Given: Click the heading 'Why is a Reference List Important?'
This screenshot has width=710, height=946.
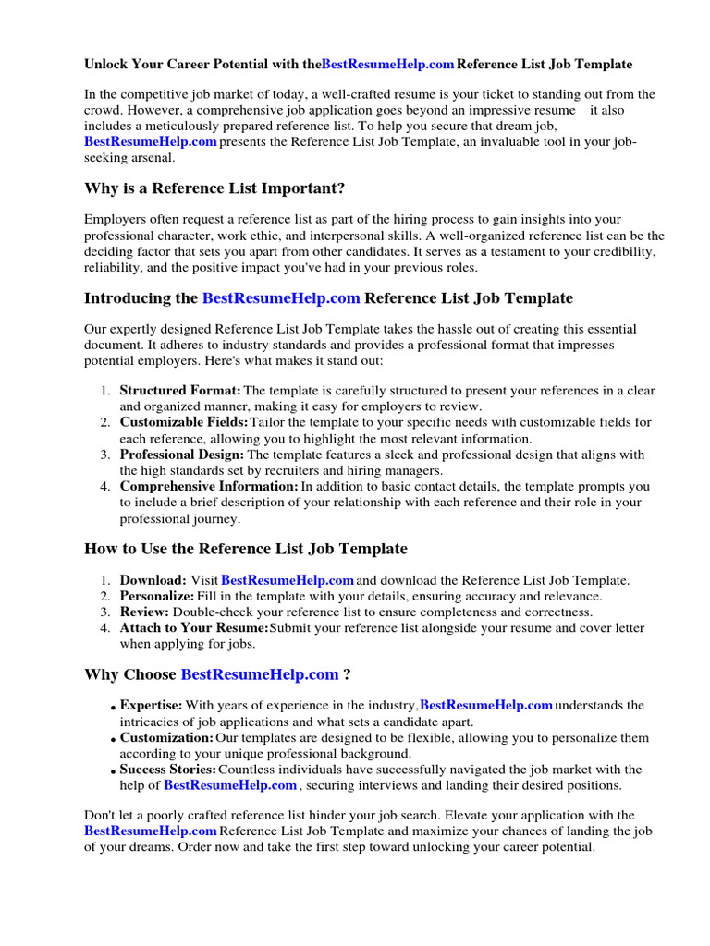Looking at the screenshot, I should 214,188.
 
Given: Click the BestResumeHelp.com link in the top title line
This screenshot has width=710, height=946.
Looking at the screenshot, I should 387,64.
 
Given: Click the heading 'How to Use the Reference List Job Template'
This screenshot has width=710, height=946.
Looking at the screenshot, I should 246,549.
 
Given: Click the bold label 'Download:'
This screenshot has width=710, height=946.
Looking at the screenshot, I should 153,580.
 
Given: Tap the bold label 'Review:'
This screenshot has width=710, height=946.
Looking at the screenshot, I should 144,612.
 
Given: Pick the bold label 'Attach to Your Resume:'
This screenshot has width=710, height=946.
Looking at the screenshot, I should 181,628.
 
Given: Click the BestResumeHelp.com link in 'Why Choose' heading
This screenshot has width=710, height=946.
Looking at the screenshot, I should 260,674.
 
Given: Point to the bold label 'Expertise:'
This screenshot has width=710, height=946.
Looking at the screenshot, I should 152,706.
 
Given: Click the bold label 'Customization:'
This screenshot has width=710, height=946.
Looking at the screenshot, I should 166,738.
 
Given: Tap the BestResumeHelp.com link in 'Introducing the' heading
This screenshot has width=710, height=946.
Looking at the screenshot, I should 281,297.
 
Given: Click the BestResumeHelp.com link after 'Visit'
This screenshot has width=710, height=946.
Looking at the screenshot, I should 288,580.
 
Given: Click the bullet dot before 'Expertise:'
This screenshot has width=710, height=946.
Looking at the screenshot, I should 114,709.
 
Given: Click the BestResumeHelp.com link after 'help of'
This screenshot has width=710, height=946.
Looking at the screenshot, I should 230,785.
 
